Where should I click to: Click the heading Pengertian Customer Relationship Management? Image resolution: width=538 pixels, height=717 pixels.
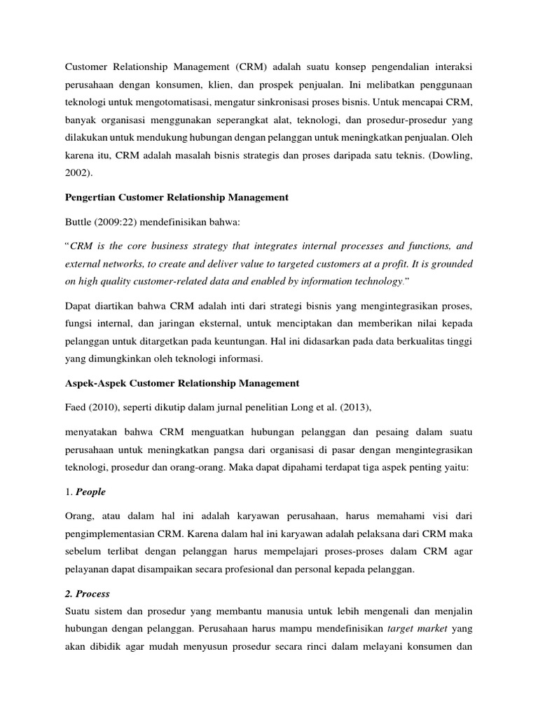click(x=177, y=197)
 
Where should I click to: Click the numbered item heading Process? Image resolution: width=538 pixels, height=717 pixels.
click(x=93, y=594)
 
